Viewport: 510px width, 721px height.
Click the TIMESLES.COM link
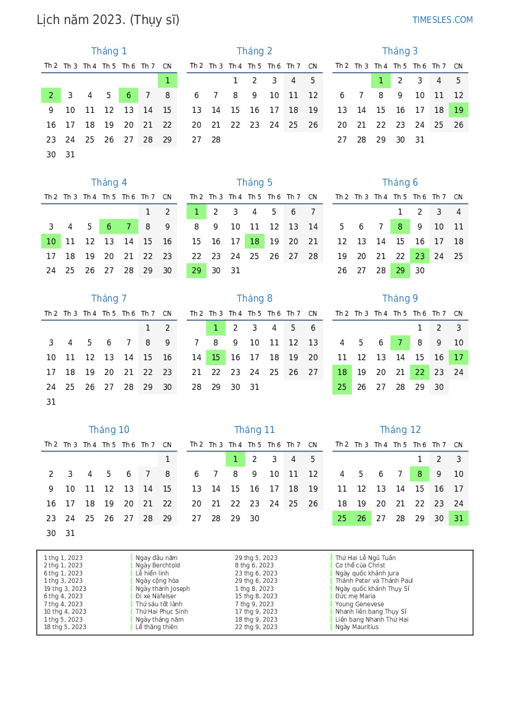442,20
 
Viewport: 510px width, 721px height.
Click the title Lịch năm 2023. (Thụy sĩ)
108,20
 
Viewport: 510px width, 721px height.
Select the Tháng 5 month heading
254,183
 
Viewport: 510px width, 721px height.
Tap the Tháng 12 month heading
400,430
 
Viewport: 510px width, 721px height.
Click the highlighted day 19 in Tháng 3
458,110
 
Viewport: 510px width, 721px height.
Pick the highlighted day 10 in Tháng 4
51,241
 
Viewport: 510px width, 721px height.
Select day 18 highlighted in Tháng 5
255,241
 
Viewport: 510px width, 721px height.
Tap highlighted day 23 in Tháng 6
419,256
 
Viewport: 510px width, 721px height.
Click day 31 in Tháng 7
51,402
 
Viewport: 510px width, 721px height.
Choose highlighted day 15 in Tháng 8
216,357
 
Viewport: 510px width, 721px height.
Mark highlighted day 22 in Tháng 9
419,372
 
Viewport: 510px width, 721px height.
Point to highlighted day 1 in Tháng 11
235,459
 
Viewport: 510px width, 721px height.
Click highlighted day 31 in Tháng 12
458,518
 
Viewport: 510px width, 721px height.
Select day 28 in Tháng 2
216,139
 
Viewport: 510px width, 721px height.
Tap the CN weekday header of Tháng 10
167,445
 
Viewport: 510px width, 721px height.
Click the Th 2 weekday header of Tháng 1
51,66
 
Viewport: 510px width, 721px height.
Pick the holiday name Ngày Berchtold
158,566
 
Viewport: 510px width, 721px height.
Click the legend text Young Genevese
360,604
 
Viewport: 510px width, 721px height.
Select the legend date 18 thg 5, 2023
65,627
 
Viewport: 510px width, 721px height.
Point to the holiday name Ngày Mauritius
357,627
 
